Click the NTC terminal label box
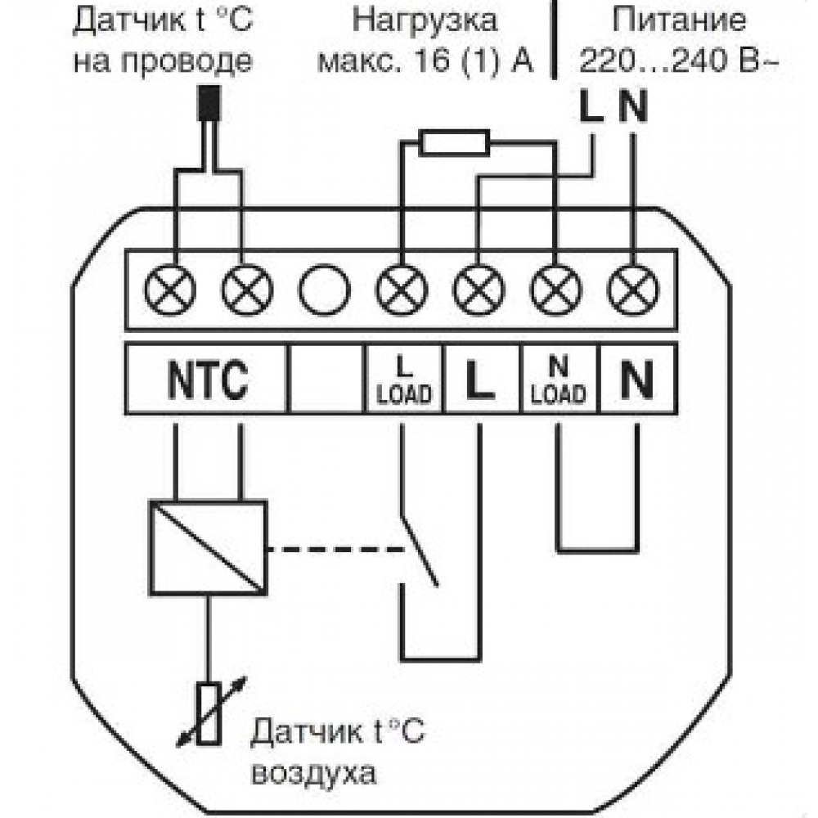[x=207, y=379]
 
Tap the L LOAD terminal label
[x=403, y=379]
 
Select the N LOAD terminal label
[x=559, y=379]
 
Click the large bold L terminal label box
[x=480, y=379]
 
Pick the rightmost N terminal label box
[x=637, y=379]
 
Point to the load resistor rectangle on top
[x=454, y=143]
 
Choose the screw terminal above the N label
[x=634, y=290]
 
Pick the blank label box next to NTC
[x=325, y=379]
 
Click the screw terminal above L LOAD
[x=401, y=290]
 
